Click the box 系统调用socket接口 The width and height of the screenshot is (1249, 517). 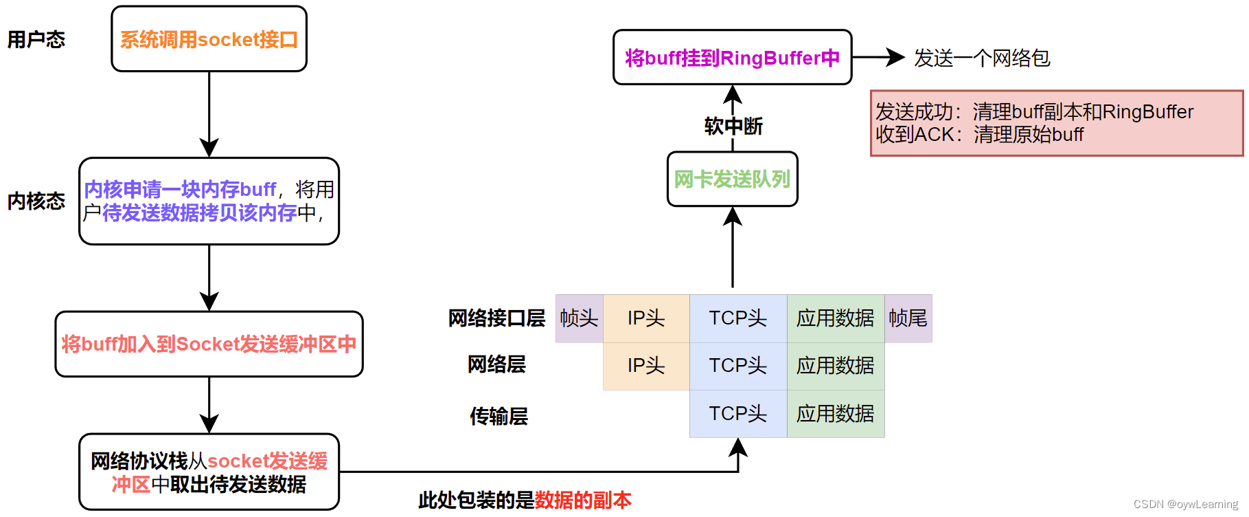click(x=209, y=39)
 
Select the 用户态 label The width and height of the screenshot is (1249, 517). click(x=36, y=40)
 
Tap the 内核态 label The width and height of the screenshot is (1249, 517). click(x=36, y=201)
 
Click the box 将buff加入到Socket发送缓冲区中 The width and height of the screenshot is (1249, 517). click(x=209, y=344)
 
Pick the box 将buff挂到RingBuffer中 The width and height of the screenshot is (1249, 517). click(x=732, y=58)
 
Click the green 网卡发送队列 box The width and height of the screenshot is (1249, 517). click(x=732, y=179)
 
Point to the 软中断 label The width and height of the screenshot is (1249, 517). click(x=733, y=126)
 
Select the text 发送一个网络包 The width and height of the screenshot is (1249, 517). click(x=981, y=58)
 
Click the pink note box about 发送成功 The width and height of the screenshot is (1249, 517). click(x=1056, y=123)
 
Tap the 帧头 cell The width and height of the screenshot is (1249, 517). click(x=579, y=318)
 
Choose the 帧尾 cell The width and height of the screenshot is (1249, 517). click(x=908, y=318)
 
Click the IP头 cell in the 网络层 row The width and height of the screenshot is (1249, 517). click(x=645, y=366)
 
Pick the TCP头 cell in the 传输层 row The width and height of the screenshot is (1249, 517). click(x=737, y=414)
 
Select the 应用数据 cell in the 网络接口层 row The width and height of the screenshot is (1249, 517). click(x=835, y=318)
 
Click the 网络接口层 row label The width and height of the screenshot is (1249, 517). click(x=496, y=318)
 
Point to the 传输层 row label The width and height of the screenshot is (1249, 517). click(x=499, y=416)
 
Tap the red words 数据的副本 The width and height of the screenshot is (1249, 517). click(x=583, y=500)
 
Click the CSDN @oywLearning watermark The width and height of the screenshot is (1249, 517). click(x=1185, y=504)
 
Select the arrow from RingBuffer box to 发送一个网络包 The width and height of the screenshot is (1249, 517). click(x=879, y=58)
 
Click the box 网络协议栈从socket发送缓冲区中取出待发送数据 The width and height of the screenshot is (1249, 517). click(x=209, y=472)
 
